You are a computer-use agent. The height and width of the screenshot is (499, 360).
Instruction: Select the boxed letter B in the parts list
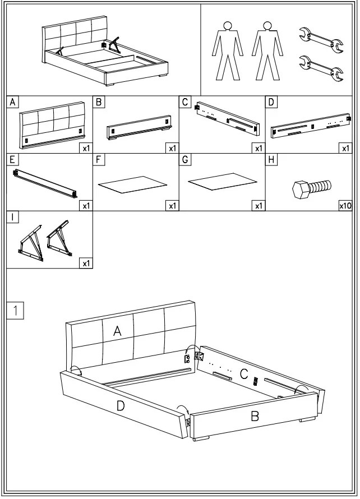[99, 102]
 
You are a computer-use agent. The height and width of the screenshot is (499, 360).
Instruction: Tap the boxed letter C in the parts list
[185, 102]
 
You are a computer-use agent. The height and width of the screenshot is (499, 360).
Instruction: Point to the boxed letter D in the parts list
[271, 102]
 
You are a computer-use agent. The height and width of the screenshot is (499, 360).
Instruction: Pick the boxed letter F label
[99, 160]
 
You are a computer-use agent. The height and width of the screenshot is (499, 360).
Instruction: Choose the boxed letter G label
[185, 160]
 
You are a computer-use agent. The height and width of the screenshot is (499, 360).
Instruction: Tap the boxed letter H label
[271, 160]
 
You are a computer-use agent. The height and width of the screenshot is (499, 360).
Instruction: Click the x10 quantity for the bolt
[345, 206]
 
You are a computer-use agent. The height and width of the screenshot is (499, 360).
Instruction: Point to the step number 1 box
[15, 310]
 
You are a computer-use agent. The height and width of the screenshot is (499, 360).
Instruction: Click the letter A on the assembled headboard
[117, 331]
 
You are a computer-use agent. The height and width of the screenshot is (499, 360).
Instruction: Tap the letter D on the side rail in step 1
[120, 406]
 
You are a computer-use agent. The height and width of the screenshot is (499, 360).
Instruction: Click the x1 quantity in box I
[86, 263]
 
